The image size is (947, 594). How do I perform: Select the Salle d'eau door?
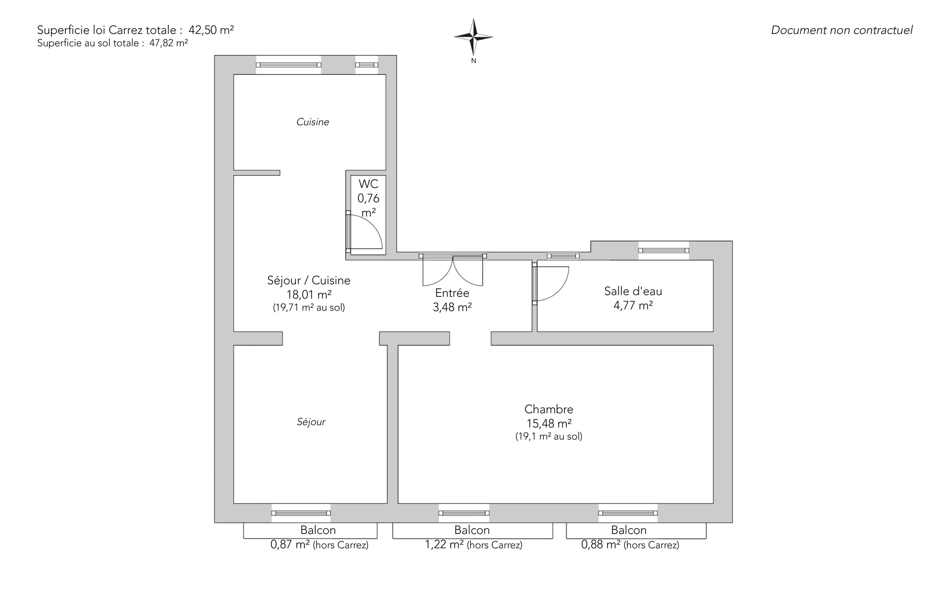tap(550, 284)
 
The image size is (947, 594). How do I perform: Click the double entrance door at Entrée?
tap(453, 271)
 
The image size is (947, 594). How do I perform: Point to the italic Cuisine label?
tap(313, 122)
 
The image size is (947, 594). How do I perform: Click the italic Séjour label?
tap(311, 422)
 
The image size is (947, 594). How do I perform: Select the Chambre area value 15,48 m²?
tap(549, 424)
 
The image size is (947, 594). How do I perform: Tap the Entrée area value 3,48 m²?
tap(452, 307)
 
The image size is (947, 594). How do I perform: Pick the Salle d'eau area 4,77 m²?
tap(633, 305)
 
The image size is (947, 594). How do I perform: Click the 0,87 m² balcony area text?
tap(290, 545)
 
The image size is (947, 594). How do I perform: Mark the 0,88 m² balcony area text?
tap(601, 545)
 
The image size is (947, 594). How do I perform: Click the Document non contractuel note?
tap(842, 30)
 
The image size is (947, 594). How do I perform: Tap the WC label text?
tap(369, 184)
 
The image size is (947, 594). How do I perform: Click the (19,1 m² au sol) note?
tap(549, 436)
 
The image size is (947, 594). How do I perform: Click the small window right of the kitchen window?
tap(366, 65)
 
